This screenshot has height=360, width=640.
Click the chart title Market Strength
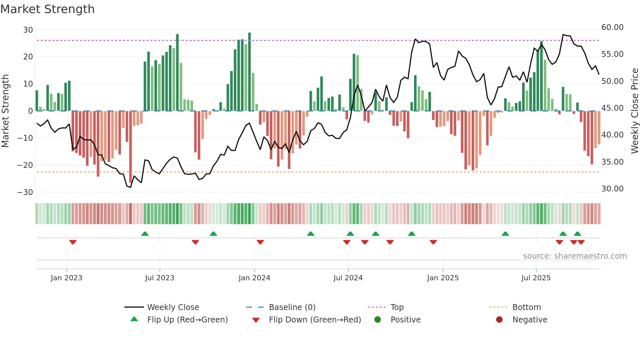[47, 9]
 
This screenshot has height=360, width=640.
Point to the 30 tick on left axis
[28, 30]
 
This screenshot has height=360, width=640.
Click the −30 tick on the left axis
[25, 192]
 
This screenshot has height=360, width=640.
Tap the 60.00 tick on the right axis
[612, 27]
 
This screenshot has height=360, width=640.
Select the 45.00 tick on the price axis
[612, 108]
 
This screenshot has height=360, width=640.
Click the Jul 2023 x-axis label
[159, 278]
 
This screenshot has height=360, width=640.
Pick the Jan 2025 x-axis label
[442, 278]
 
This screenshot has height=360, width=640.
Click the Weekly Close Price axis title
[634, 111]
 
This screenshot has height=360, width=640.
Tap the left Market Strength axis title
[5, 111]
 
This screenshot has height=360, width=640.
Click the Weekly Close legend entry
[173, 307]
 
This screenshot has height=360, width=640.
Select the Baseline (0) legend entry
[292, 307]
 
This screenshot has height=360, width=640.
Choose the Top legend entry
[397, 307]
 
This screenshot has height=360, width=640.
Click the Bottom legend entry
[526, 307]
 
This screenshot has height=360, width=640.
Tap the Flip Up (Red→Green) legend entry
[187, 320]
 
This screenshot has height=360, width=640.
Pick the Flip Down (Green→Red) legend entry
[314, 320]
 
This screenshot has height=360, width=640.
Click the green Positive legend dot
[377, 320]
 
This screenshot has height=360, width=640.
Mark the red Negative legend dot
[499, 320]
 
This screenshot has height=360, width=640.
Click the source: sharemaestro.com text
[575, 256]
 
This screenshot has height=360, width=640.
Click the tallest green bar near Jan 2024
[249, 72]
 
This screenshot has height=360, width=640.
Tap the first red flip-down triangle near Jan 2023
[73, 242]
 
